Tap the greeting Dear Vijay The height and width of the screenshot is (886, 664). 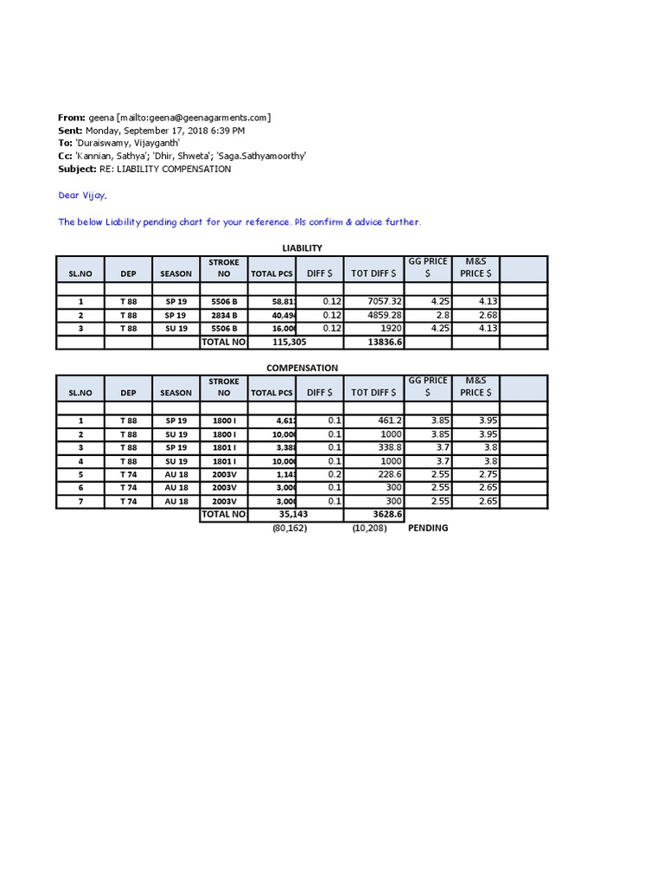tap(82, 196)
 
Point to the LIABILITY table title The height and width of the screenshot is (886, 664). tap(302, 248)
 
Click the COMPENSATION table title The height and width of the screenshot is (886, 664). tap(302, 368)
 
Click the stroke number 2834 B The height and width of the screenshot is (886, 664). tap(224, 315)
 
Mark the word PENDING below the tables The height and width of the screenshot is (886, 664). tap(428, 528)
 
